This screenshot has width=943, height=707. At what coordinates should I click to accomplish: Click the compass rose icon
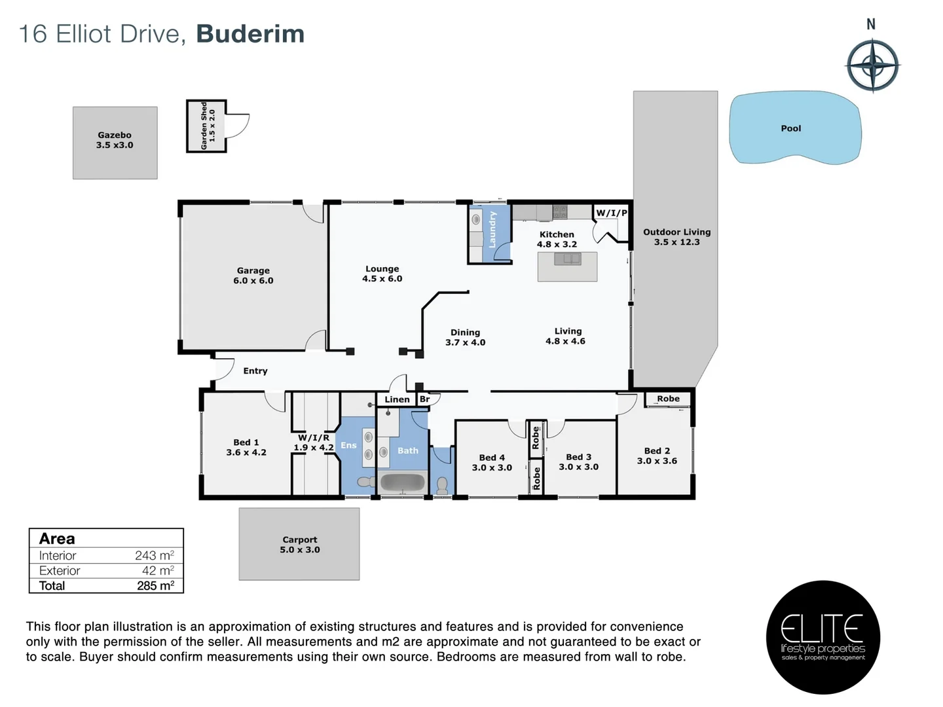872,65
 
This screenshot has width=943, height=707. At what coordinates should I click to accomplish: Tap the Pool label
790,128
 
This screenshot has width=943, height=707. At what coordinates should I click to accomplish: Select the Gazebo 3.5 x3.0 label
115,140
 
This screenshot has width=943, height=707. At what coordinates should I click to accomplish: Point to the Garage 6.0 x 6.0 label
253,276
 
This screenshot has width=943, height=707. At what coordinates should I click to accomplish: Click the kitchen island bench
567,266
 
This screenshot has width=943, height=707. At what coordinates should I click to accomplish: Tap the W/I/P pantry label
612,213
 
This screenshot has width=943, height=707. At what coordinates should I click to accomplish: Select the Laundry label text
492,229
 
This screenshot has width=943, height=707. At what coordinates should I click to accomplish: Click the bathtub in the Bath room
402,483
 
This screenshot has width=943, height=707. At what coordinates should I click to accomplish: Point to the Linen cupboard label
397,399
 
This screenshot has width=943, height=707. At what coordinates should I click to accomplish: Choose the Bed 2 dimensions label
657,461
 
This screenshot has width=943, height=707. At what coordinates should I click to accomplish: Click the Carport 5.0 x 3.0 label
300,545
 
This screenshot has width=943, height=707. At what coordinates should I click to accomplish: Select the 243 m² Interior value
154,556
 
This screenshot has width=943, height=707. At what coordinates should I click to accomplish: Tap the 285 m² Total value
155,586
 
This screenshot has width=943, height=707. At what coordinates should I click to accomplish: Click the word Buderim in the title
250,34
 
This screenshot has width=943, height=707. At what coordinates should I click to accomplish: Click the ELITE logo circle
823,637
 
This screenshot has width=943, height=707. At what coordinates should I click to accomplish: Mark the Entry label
255,371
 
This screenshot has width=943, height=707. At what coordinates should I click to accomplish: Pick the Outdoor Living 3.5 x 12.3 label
676,237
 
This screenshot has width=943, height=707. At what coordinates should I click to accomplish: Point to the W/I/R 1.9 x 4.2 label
314,443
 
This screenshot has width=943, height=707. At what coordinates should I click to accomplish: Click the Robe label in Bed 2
668,399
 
